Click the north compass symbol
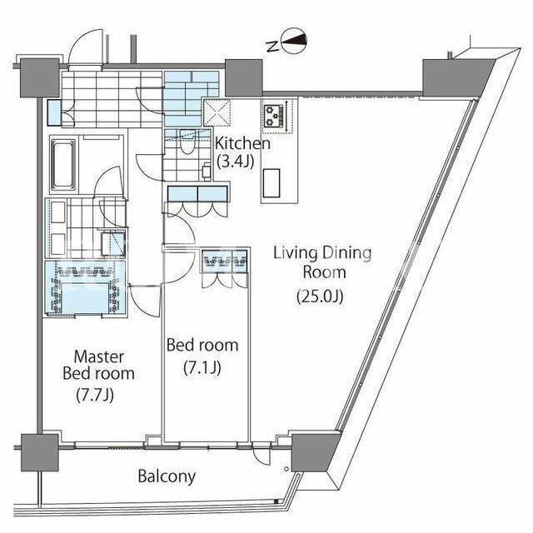coord(294,41)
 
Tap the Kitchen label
coord(242,143)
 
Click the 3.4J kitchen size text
coord(235,162)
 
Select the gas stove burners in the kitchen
coord(274,116)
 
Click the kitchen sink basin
coord(271,183)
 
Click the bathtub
coord(63,165)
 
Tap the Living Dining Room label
coord(322,262)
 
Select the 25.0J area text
coord(320,296)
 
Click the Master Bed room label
coord(98,366)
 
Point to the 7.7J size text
coord(94,395)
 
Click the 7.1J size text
coord(202,367)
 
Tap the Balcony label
coord(167,476)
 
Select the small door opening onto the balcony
coord(262,453)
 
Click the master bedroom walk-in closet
coord(85,288)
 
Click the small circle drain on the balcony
coord(286,470)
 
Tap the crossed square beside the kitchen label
coord(217,112)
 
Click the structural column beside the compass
coord(244,77)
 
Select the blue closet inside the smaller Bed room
coord(225,261)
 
